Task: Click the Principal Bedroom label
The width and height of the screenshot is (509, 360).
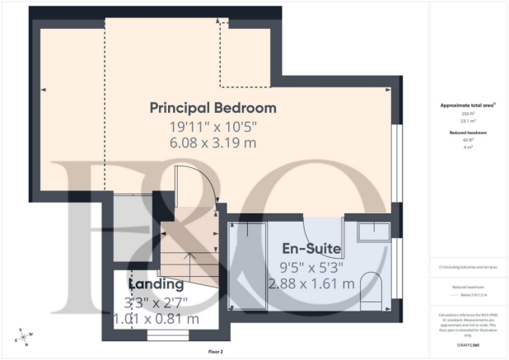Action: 212,108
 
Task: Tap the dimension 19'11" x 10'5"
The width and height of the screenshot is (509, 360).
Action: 212,127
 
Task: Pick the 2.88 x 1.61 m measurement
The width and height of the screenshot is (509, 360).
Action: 311,283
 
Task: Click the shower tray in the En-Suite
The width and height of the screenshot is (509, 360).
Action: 248,247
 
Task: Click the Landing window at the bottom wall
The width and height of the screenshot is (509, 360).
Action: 161,336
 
